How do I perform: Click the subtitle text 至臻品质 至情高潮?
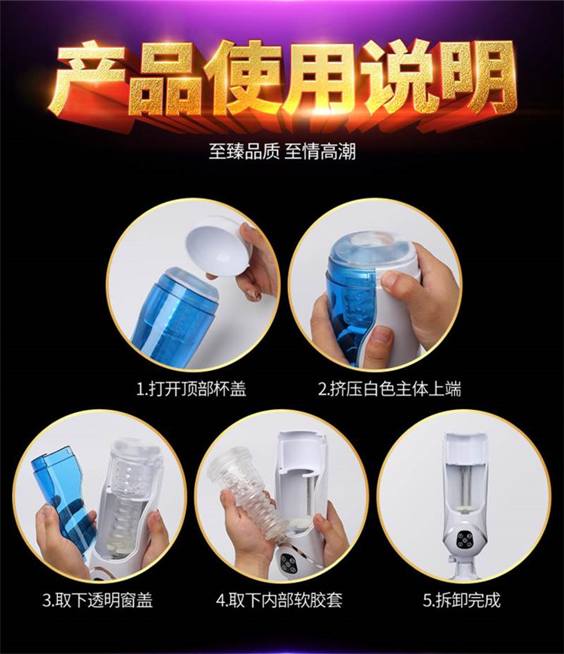point(283,152)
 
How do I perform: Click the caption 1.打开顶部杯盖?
point(192,389)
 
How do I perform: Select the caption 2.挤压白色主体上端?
point(390,389)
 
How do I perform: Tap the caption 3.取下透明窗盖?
point(98,601)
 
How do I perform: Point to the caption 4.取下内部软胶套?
point(280,601)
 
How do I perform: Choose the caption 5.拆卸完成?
point(462,601)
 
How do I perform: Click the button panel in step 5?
point(463,542)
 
